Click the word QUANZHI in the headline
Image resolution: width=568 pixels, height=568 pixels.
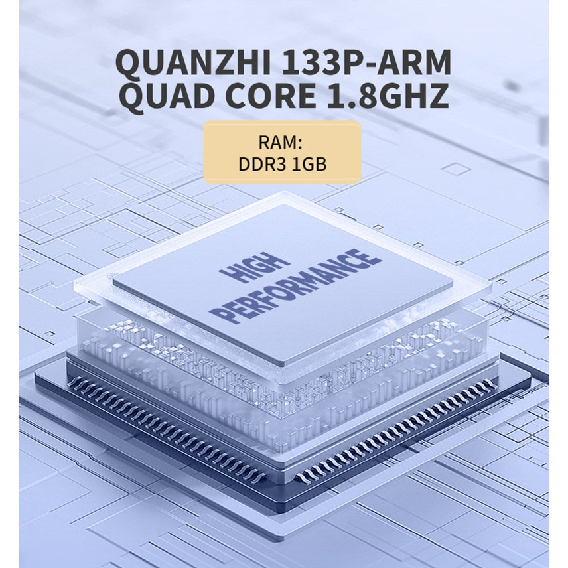pyautogui.click(x=194, y=62)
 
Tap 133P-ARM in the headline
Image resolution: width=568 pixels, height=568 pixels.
pyautogui.click(x=366, y=62)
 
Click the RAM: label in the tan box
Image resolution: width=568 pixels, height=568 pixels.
pyautogui.click(x=280, y=142)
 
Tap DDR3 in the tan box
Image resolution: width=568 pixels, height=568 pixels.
pyautogui.click(x=262, y=164)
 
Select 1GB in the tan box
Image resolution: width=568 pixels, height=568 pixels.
pyautogui.click(x=309, y=164)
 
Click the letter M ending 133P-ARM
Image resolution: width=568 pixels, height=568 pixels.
pyautogui.click(x=436, y=62)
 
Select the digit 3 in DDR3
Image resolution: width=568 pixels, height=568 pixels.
pyautogui.click(x=281, y=164)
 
